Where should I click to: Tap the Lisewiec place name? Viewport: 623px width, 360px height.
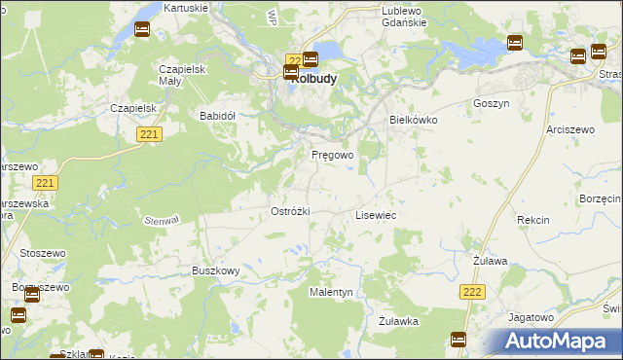375,214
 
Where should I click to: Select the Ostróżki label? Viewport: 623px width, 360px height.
289,211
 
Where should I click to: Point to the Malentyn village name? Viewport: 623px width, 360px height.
331,292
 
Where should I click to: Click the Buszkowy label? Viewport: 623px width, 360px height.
215,270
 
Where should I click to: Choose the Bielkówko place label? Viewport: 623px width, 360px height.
414,120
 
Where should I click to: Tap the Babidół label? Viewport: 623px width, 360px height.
218,115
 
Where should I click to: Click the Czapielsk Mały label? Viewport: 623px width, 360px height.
179,75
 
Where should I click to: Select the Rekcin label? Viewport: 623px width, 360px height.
532,221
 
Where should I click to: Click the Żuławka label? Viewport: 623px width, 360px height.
398,320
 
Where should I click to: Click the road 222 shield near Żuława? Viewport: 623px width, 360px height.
472,292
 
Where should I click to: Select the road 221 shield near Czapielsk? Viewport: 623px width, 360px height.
148,135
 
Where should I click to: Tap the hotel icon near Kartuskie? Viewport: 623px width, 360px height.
141,30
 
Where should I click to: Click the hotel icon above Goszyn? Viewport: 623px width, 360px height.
514,43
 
